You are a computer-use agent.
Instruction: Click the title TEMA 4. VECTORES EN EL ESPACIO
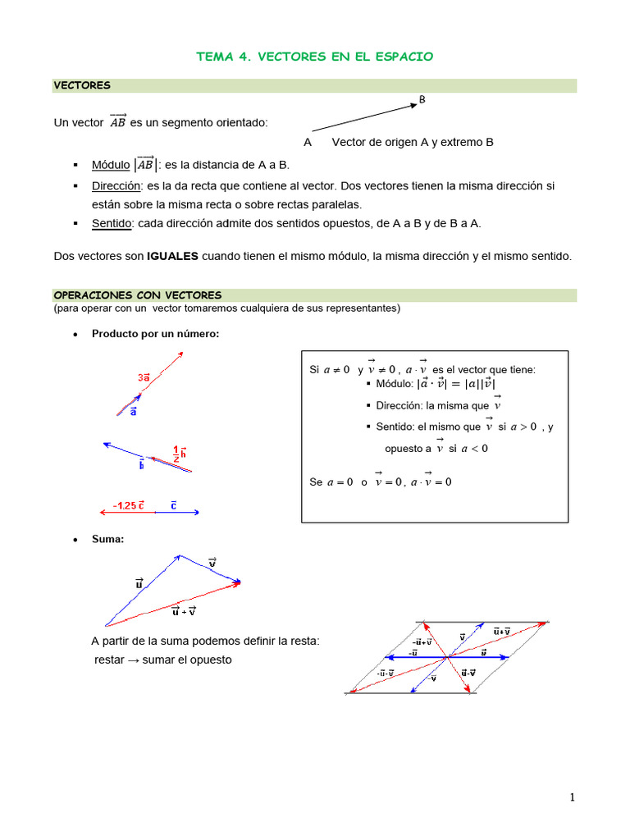tap(315, 57)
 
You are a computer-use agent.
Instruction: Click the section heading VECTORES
tap(82, 85)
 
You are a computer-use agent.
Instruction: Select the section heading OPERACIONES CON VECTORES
tap(137, 295)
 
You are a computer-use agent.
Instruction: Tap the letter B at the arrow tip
tap(422, 99)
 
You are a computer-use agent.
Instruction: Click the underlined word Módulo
tap(111, 164)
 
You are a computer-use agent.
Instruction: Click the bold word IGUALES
tap(172, 256)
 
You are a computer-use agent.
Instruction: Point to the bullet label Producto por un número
tap(155, 333)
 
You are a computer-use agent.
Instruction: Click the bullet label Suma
tap(107, 539)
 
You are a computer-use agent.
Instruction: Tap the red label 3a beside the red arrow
tap(144, 377)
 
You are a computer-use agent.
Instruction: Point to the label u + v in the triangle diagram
tap(184, 611)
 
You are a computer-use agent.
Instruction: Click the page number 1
tap(573, 797)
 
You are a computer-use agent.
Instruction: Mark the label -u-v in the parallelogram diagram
tap(386, 673)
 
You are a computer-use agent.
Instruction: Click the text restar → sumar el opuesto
tap(163, 659)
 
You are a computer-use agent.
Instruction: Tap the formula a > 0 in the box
tap(523, 427)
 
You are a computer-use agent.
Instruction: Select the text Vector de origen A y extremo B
tap(413, 142)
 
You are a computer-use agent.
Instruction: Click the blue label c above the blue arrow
tap(174, 505)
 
